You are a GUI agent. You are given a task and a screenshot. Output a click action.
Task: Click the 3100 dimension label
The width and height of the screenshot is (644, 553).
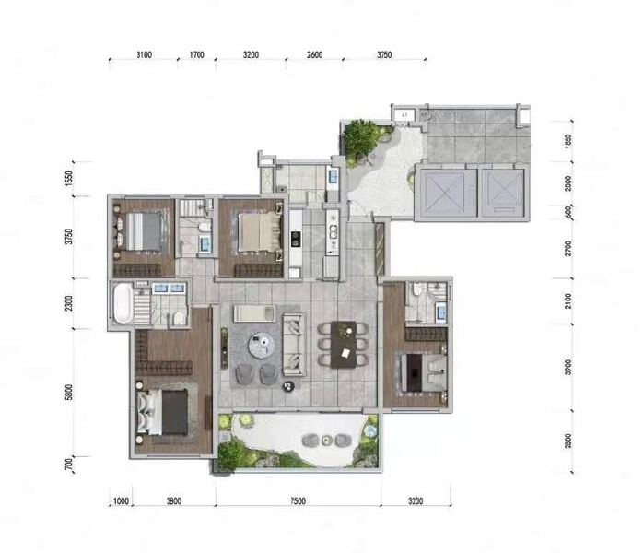[144, 55]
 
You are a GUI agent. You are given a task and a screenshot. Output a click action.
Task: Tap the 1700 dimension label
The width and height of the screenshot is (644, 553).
[196, 55]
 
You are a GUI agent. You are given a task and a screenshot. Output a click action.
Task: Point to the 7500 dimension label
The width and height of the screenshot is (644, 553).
[297, 502]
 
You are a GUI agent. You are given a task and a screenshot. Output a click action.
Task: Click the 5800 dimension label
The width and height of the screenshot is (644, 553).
[69, 392]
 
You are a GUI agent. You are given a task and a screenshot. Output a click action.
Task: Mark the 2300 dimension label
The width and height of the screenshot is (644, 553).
[69, 303]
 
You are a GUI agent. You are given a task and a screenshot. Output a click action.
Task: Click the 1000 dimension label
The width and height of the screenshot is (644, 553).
[120, 502]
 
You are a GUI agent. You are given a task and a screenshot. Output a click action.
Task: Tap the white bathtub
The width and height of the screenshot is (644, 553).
[121, 303]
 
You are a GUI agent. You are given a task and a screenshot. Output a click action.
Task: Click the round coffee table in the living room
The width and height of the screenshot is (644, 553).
[263, 344]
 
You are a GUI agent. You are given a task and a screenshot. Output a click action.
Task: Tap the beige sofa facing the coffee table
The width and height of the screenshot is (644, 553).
[294, 343]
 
